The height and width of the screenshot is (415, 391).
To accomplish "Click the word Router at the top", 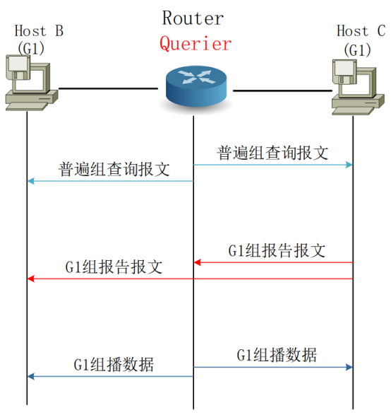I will pos(193,18).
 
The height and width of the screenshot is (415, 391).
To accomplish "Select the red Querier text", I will pos(195,44).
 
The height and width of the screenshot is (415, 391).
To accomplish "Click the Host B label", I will pos(39,31).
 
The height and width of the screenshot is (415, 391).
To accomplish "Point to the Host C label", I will pos(361,31).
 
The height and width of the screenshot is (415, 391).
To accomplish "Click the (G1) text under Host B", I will pos(31,49).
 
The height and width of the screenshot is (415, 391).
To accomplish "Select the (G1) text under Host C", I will pos(357,50).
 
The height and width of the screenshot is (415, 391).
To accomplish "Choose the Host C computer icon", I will pos(356,87).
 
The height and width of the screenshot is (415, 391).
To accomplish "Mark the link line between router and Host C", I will pos(282,90).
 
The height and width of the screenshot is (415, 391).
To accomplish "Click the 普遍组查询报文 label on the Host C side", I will pos(272,153).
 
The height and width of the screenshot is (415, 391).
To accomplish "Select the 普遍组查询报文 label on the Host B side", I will pos(114,170).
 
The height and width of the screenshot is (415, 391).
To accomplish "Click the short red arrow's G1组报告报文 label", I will pos(277,250).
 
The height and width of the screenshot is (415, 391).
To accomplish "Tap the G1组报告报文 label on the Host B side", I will pos(114,267).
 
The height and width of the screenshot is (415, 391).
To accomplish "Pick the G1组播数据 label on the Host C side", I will pos(276,354).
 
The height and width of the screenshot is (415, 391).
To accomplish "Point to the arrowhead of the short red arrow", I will pos(198,262).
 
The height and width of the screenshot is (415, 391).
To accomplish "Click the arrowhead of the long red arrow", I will pos(31,279).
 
